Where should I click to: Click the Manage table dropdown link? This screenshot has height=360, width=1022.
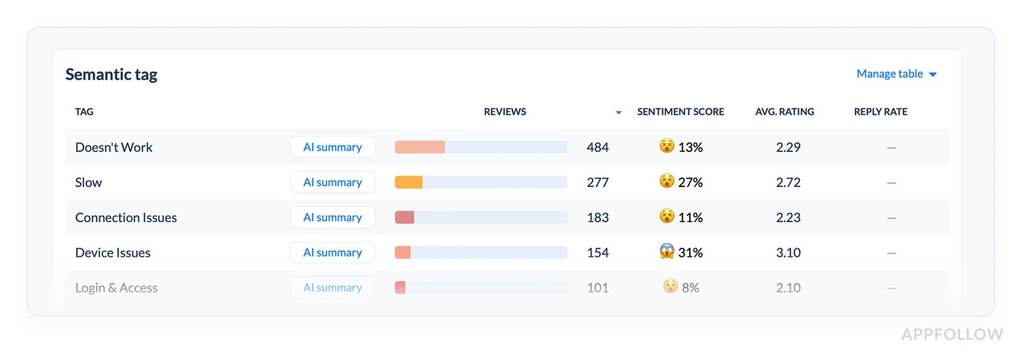click(x=896, y=74)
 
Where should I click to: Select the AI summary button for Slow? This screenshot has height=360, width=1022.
click(x=332, y=183)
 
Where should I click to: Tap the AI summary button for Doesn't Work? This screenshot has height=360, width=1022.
click(x=332, y=148)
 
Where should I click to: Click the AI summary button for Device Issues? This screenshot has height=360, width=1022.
click(x=332, y=253)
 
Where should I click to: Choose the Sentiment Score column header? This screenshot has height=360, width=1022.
click(x=680, y=112)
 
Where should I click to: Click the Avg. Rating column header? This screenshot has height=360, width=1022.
click(x=784, y=112)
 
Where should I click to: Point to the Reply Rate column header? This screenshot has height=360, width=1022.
click(x=880, y=112)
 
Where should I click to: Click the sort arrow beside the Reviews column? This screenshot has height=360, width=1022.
click(x=618, y=113)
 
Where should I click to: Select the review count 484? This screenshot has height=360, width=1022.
click(x=597, y=148)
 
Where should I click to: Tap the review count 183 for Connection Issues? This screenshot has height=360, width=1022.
click(x=597, y=218)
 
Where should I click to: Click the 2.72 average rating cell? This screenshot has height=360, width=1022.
click(x=788, y=183)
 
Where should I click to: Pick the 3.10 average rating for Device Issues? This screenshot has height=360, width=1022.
click(x=788, y=253)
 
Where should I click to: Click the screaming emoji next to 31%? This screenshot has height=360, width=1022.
click(x=666, y=252)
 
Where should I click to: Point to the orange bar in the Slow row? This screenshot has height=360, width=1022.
click(x=408, y=183)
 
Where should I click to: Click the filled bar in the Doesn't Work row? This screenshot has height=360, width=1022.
click(x=420, y=148)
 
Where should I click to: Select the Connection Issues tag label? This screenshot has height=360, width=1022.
click(x=126, y=218)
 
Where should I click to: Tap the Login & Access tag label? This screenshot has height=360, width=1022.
click(x=116, y=288)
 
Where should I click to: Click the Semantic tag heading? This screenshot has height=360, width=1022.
click(x=111, y=74)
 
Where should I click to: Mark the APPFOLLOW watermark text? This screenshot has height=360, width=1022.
click(x=952, y=334)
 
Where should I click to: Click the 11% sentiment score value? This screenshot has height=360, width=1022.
click(x=690, y=218)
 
